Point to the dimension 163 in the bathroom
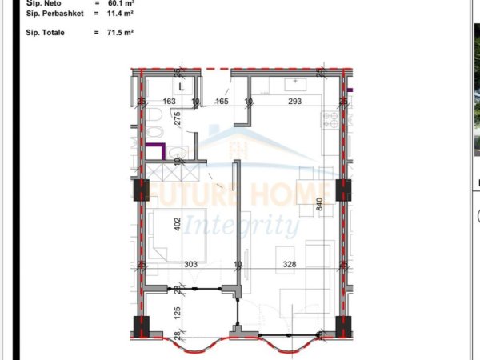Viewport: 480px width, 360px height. pos(169,102)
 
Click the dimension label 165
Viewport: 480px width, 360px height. pos(222,102)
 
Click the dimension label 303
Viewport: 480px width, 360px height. pos(190,265)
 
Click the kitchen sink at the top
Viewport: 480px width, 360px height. pos(294,82)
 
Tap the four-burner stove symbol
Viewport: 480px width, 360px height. pos(330,121)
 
